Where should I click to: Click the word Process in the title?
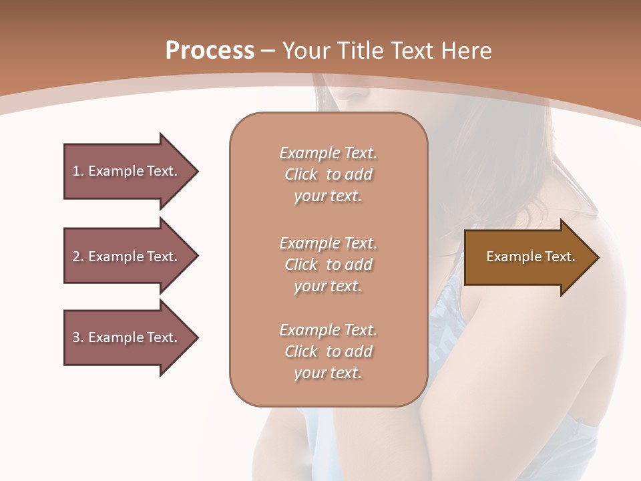coord(210,51)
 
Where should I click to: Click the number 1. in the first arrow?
coord(78,171)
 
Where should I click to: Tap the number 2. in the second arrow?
coord(78,257)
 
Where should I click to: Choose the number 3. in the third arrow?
coord(78,337)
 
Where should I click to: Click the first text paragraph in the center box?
coord(328,174)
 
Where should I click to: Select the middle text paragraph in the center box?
coord(328,264)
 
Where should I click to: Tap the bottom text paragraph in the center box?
coord(328,351)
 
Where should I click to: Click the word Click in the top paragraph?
coord(301,174)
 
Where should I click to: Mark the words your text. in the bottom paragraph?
coord(328,373)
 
